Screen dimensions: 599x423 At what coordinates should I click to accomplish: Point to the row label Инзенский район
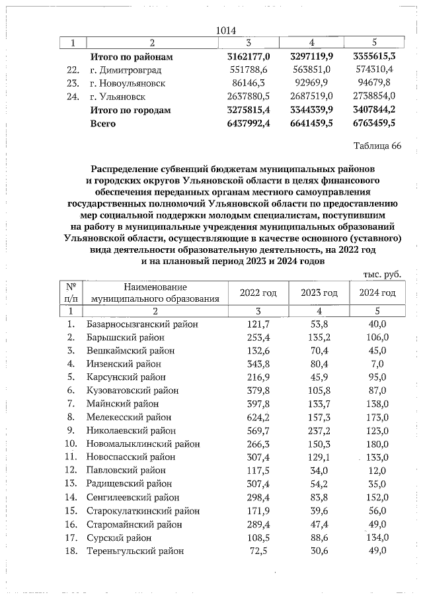tap(124, 364)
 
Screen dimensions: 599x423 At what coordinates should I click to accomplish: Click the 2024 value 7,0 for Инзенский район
tap(377, 364)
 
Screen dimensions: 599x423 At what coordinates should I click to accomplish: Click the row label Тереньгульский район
tap(135, 551)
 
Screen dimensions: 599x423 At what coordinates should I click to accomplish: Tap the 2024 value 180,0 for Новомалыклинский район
tap(377, 444)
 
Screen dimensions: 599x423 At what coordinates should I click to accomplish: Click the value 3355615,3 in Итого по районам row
tap(374, 56)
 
